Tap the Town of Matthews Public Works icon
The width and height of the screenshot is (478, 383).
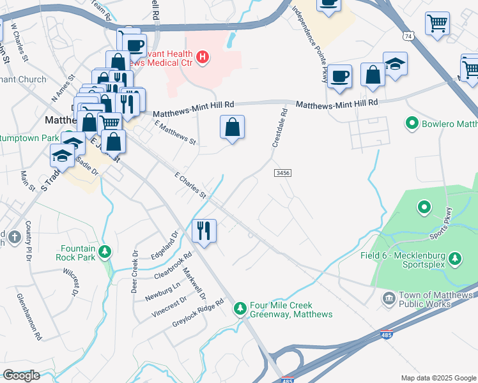point(389,298)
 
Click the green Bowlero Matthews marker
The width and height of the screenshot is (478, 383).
point(412,123)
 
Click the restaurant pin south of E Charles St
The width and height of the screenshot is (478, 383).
point(204,230)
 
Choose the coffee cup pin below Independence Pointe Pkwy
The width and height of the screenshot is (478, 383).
point(339,76)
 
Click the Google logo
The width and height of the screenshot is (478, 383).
point(21,375)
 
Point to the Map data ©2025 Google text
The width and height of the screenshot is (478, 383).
point(438,378)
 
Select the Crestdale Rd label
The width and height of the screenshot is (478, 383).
point(280,128)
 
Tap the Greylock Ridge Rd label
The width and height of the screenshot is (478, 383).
point(198,313)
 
